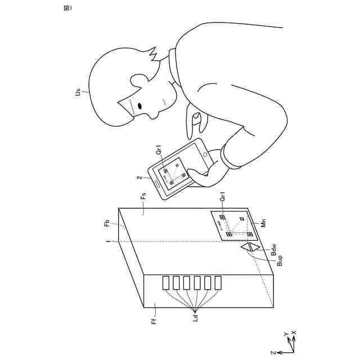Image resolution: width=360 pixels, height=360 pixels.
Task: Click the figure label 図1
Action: tap(67, 8)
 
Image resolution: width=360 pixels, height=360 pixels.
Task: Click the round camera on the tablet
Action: tap(205, 153)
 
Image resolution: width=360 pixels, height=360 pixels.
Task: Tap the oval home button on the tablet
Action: tap(157, 182)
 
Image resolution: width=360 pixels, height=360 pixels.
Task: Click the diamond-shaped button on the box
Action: tap(249, 247)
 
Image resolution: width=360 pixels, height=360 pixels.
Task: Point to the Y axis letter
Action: tap(286, 334)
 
